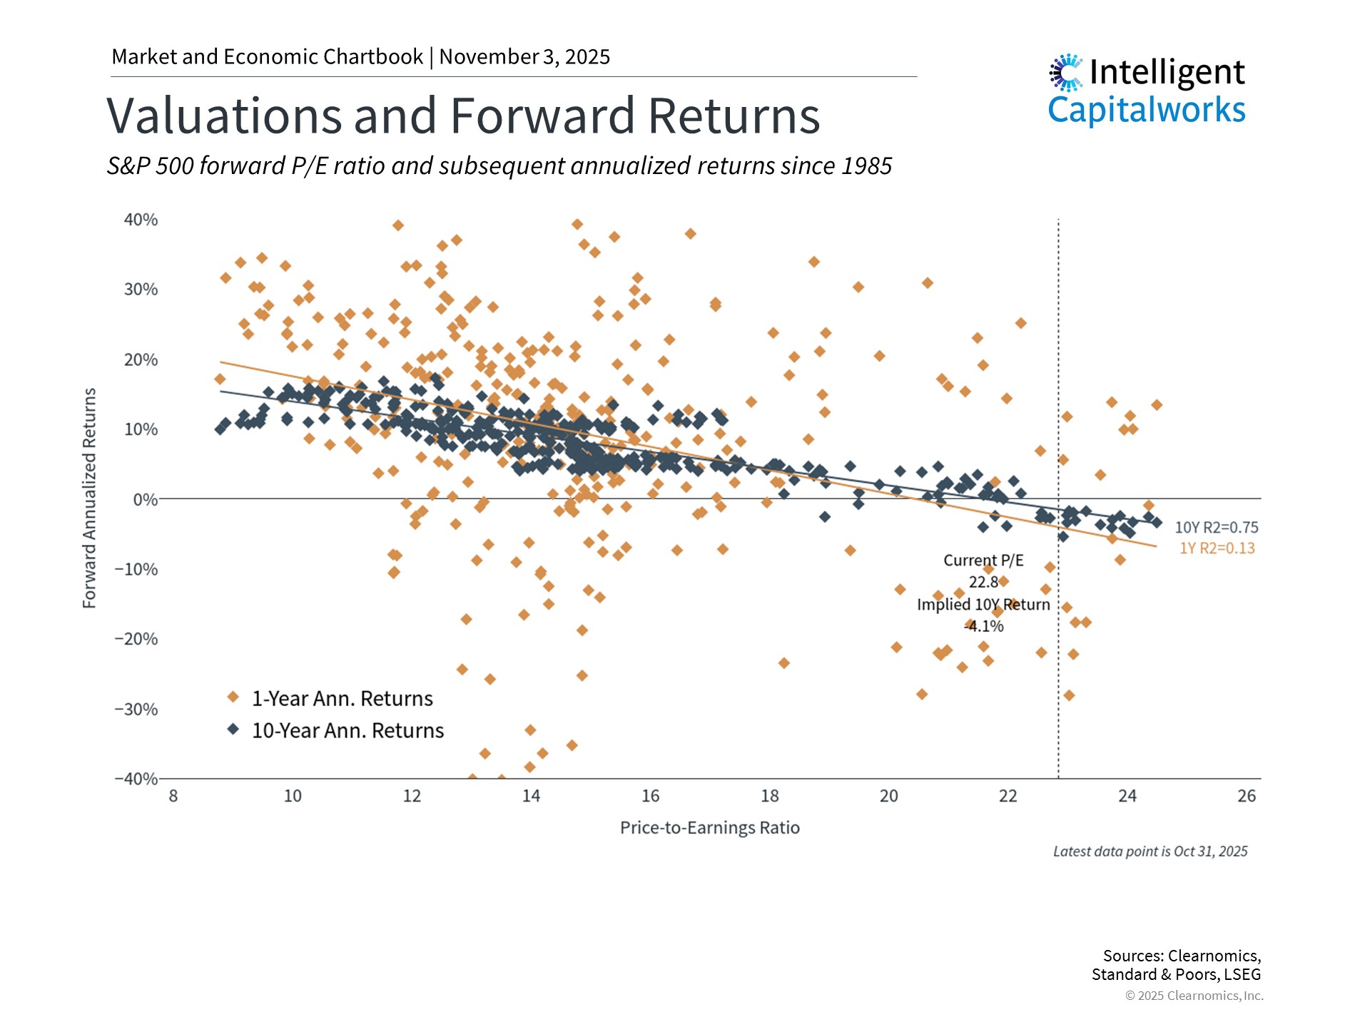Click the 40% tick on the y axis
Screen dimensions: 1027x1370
point(141,220)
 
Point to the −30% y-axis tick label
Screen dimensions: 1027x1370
point(136,709)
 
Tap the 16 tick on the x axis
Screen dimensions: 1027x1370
point(650,796)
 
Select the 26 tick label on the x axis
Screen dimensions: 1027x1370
point(1246,796)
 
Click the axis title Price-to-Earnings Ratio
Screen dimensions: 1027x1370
point(709,827)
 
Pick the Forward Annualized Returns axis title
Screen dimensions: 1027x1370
point(89,498)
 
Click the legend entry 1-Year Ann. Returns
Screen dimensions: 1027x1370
point(342,698)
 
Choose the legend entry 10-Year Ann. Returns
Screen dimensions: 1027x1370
point(347,730)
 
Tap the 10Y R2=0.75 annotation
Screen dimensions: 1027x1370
point(1216,528)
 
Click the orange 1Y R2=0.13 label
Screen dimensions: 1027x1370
point(1217,548)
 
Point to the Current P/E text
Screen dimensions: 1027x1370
point(983,561)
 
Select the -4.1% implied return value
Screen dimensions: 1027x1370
point(984,626)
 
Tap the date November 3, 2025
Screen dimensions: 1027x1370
point(524,57)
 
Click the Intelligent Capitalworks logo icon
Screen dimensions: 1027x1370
point(1066,73)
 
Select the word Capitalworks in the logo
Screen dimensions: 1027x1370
point(1146,110)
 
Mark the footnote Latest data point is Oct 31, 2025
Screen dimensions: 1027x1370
point(1150,852)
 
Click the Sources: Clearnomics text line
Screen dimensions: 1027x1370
point(1181,956)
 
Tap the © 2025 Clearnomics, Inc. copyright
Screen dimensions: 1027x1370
point(1194,996)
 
